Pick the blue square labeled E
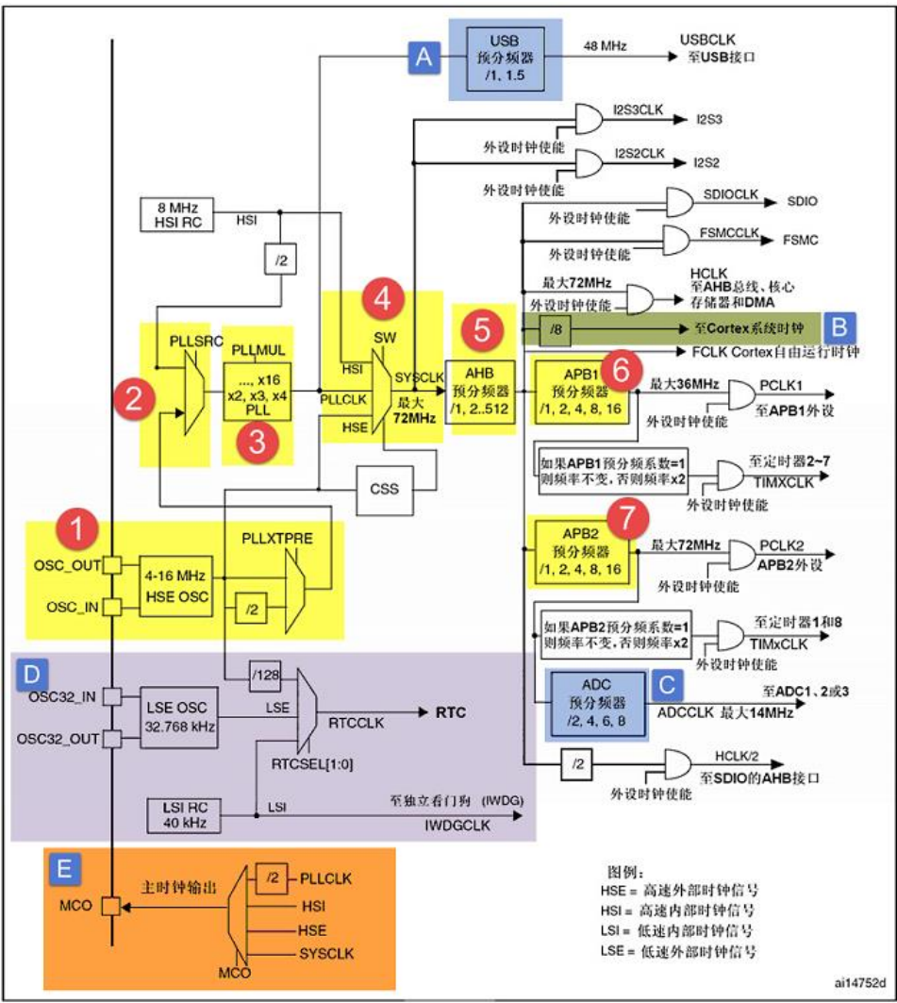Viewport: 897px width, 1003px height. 62,868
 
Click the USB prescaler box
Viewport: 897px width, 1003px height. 504,59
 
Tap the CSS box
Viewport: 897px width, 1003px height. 385,489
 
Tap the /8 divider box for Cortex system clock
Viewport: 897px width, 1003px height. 557,328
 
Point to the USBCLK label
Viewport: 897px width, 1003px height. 706,42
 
